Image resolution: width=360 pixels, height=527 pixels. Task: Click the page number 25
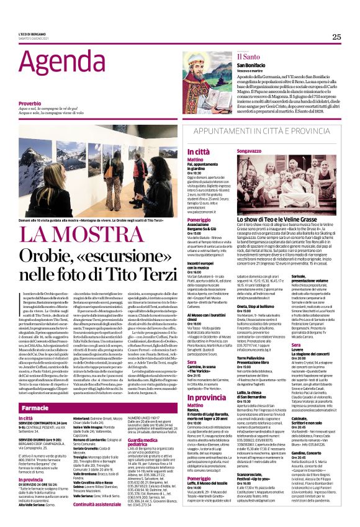[336, 37]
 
